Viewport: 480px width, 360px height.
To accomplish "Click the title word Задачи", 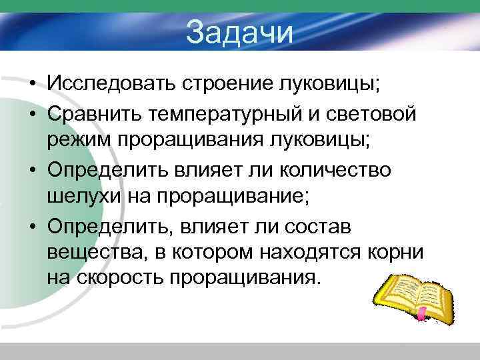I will click(239, 33).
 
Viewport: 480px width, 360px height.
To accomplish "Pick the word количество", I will click(337, 170).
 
